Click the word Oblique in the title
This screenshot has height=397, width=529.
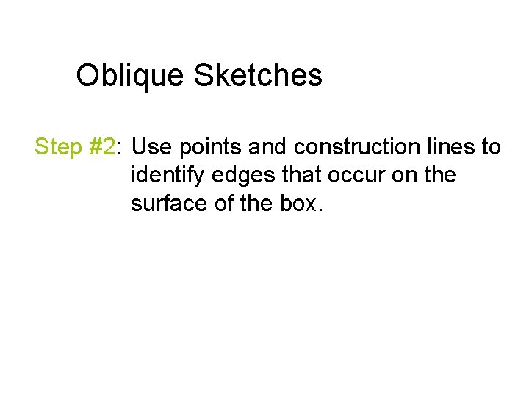131,76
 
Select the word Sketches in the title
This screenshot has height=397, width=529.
258,75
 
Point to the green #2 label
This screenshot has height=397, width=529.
102,147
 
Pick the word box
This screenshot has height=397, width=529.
300,204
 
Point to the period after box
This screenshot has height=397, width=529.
319,210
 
